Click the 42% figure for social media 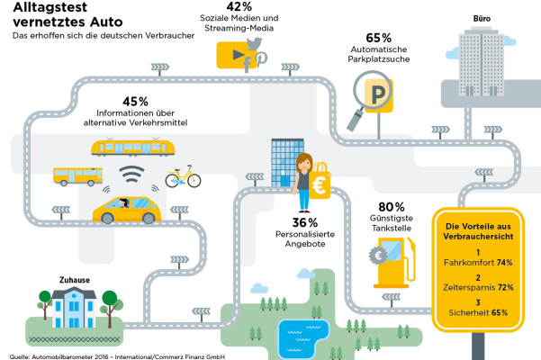coord(239,6)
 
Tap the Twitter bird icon coord(254,44)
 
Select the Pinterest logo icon coord(261,58)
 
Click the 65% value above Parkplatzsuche coord(378,38)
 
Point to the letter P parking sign coord(378,94)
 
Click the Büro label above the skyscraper coord(482,19)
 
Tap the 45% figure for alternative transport coord(135,102)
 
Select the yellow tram coord(133,148)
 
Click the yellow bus coord(78,175)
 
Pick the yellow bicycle coord(183,177)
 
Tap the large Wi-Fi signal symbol coord(131,174)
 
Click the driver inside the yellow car coord(123,203)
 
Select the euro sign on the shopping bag coord(319,186)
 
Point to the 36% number coord(305,222)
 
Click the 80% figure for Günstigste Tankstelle coord(392,207)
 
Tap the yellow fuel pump coord(393,262)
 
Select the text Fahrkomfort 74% coord(478,263)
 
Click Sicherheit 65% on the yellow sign coord(478,313)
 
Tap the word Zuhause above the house coord(75,280)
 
